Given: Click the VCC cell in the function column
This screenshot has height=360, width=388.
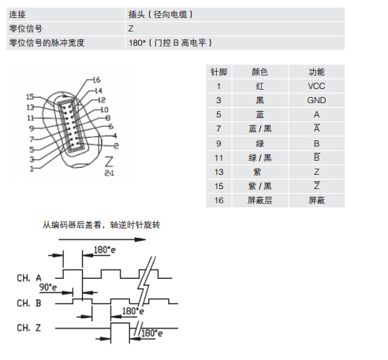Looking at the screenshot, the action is [x=316, y=86].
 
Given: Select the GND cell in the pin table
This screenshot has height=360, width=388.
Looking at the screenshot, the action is [x=316, y=100].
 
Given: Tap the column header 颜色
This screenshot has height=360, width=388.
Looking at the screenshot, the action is [x=259, y=72].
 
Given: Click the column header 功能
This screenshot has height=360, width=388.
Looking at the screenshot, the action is [x=316, y=72].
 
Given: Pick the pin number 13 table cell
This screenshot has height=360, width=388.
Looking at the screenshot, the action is [x=218, y=172].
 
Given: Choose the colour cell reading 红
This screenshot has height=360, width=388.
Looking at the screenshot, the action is [x=259, y=86].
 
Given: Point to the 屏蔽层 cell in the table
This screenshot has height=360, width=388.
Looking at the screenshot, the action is [x=259, y=200].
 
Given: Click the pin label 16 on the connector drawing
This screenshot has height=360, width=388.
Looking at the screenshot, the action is [x=96, y=80].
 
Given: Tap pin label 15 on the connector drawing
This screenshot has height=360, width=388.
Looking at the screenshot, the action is [x=30, y=97].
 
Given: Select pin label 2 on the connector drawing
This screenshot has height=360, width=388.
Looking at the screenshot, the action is [x=116, y=146].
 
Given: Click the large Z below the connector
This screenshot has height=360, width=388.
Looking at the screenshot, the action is [x=109, y=161].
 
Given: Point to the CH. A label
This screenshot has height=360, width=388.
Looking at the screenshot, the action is [x=29, y=278].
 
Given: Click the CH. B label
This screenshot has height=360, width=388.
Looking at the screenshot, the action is [x=29, y=303].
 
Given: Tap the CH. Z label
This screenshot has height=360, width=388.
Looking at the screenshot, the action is [x=29, y=328].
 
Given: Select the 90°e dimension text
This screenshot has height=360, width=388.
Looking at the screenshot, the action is [x=48, y=287].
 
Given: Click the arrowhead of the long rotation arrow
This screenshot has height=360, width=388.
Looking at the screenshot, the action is [x=140, y=239].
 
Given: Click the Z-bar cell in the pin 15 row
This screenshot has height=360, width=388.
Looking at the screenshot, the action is [x=316, y=186].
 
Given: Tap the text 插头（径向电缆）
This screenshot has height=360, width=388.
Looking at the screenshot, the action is [x=161, y=14].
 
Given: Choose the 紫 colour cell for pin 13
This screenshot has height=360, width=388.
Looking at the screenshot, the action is [x=257, y=172].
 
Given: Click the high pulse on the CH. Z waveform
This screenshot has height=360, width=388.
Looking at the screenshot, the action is [x=120, y=323].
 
